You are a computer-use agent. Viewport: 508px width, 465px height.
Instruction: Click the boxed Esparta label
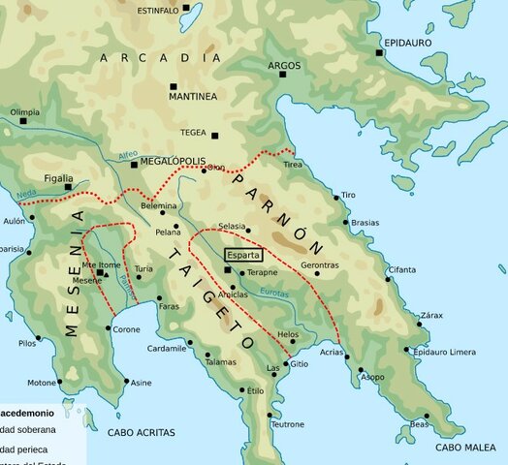tap(242, 256)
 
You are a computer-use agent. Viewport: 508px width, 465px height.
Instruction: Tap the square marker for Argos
tap(271, 79)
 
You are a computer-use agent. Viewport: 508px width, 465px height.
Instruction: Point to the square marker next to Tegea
tap(215, 136)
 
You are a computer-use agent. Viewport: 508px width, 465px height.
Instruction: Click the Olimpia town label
tap(24, 112)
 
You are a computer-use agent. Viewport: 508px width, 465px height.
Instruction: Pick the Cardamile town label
tap(167, 348)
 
